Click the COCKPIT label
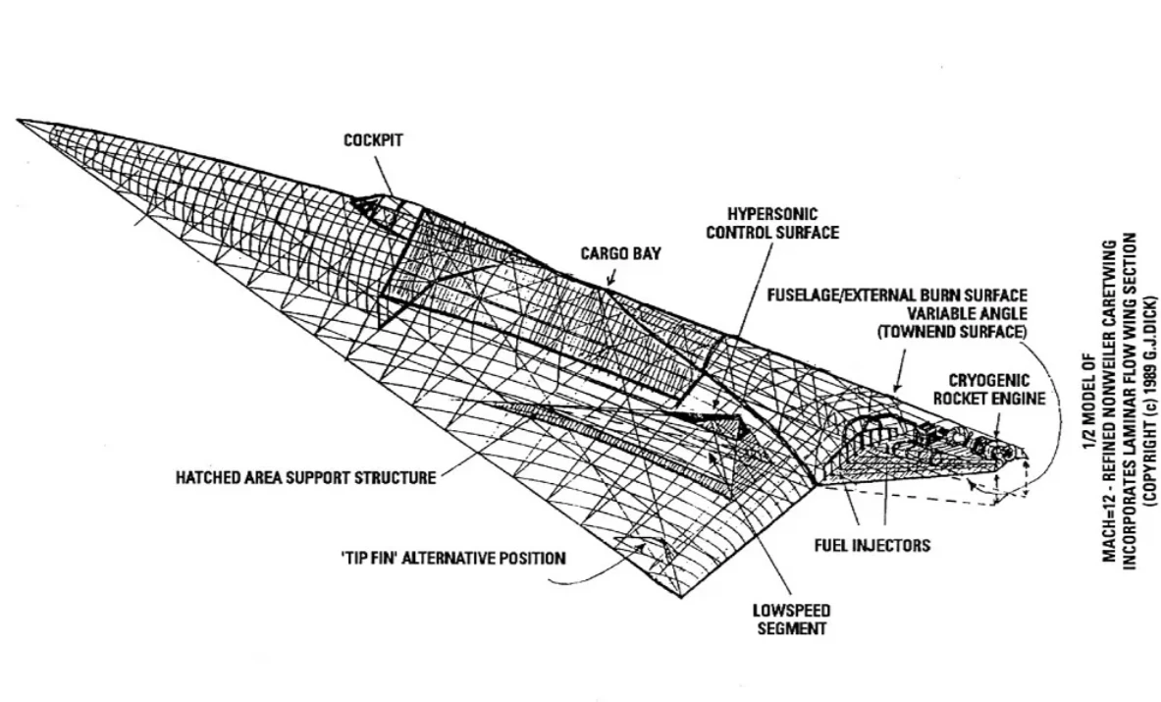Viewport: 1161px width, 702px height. point(373,140)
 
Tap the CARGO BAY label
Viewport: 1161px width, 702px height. point(620,253)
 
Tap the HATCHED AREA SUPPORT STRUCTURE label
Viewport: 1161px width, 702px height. point(305,478)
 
